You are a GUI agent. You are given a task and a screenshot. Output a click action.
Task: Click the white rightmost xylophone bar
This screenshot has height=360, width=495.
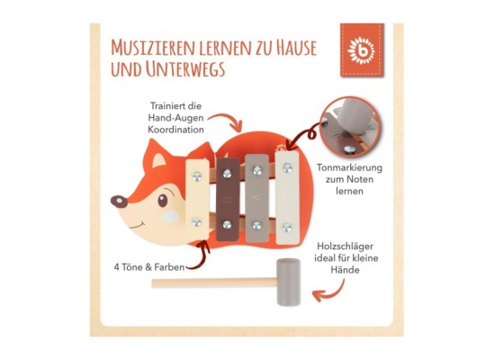click(x=286, y=198)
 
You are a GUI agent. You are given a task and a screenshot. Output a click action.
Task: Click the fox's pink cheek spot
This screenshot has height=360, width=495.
click(x=164, y=217)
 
